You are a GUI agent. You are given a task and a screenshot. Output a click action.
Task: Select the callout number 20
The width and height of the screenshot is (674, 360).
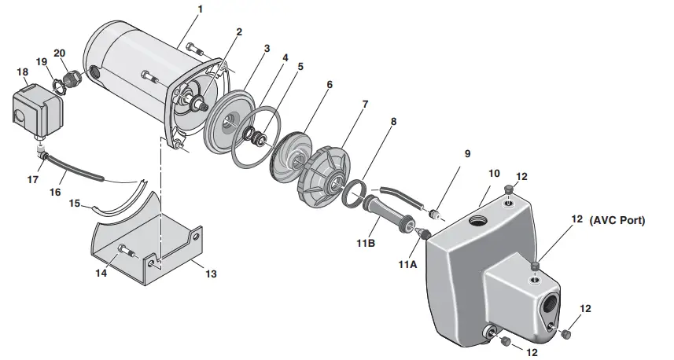point(59,52)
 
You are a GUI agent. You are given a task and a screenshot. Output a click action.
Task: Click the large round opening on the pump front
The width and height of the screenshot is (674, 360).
point(547,304)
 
